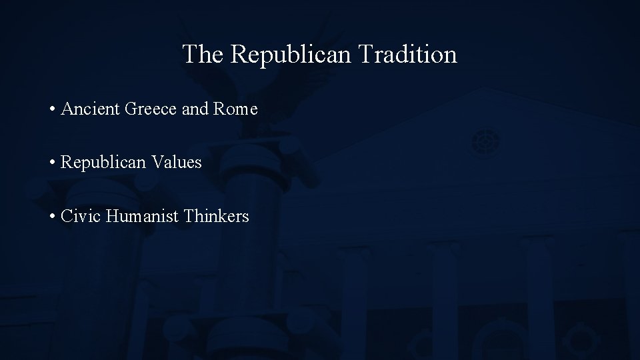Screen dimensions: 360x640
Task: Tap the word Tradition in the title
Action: click(x=407, y=55)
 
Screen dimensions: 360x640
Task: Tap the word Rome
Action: click(x=235, y=109)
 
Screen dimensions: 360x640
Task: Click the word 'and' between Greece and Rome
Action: click(x=194, y=109)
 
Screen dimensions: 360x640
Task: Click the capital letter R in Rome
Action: click(x=218, y=109)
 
